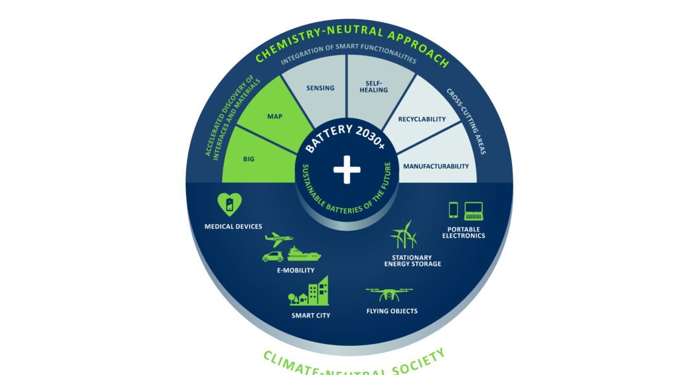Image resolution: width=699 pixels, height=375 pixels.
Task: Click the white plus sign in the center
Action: pos(347,169)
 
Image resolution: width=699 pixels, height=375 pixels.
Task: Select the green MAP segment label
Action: pos(274,116)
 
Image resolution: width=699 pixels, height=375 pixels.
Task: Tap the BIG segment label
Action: pos(249,159)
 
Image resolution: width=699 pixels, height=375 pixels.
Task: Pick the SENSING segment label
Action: pos(320,88)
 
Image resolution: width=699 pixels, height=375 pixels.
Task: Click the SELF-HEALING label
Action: pos(373,87)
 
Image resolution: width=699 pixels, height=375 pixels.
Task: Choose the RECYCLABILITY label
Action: pos(422,120)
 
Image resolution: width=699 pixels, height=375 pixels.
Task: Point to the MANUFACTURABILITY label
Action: pos(436,166)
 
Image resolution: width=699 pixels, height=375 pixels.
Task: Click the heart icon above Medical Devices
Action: pos(230,204)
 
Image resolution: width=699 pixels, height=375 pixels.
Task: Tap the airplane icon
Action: pos(278,240)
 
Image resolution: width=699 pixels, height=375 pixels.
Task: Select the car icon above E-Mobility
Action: pos(273,257)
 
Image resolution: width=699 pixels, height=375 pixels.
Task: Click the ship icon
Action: pos(304,254)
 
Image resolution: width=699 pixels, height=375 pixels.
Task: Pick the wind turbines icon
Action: pos(404,235)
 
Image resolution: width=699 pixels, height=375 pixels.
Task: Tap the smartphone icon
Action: pos(453,210)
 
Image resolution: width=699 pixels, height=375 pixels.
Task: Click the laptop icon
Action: pos(473,211)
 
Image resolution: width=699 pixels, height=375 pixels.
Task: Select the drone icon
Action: pos(389,294)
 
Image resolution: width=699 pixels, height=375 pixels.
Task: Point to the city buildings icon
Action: pos(309,291)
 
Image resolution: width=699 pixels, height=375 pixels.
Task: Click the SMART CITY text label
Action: pos(311,316)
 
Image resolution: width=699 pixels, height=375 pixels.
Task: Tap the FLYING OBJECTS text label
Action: pos(392,311)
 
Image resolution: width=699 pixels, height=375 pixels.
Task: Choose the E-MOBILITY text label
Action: pos(296,270)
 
